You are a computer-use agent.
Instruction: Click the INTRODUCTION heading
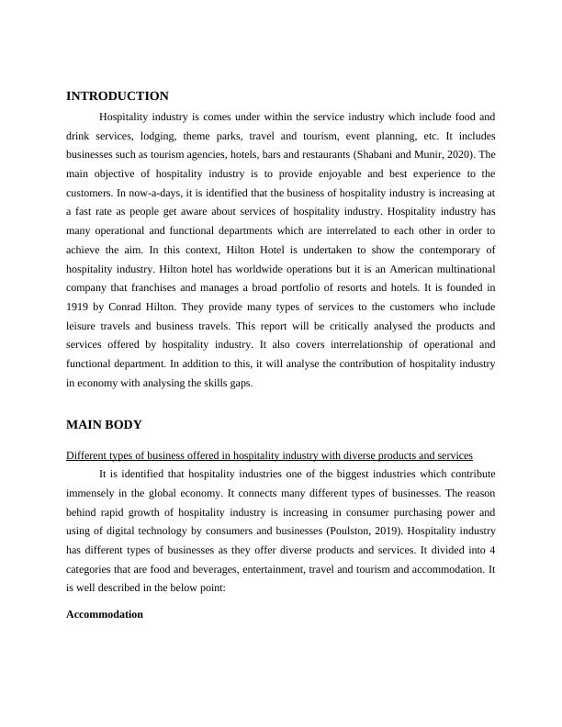click(118, 96)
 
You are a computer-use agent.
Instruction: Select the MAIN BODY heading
click(104, 425)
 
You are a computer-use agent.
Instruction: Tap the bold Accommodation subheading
click(105, 614)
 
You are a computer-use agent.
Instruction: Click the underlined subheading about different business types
click(270, 455)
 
